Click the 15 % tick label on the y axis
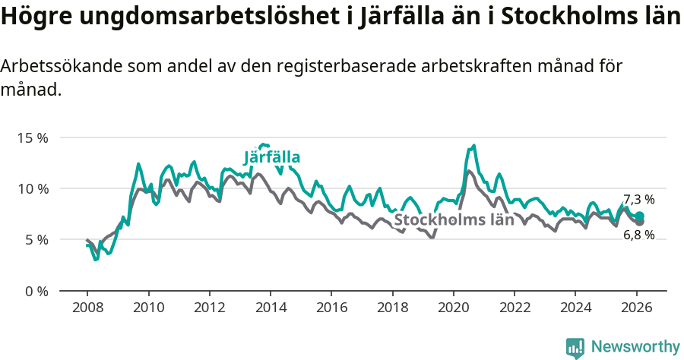tap(32, 137)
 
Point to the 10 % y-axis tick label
tap(32, 188)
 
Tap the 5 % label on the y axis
tap(35, 239)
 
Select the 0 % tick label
tap(35, 291)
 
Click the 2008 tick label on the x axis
tap(87, 308)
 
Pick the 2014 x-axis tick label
tap(271, 308)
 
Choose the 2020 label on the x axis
tap(454, 308)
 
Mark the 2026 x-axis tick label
tap(636, 308)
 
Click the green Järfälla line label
tap(272, 158)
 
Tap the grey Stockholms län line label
tap(454, 220)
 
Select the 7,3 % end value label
tap(638, 200)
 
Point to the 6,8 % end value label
tap(638, 235)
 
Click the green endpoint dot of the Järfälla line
tap(640, 216)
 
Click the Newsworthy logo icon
tap(575, 347)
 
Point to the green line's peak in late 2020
tap(473, 146)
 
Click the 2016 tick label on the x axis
tap(331, 308)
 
